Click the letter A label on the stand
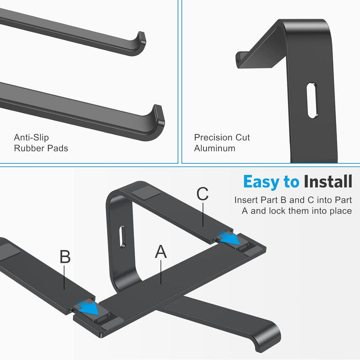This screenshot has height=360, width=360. click(x=160, y=252)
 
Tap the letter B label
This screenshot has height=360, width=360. click(x=65, y=256)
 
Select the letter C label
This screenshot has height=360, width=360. click(x=202, y=193)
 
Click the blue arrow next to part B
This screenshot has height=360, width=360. click(x=88, y=309)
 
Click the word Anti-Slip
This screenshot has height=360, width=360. click(x=31, y=137)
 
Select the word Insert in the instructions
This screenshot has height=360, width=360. click(x=247, y=199)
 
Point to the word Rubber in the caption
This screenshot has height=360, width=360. click(x=27, y=148)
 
